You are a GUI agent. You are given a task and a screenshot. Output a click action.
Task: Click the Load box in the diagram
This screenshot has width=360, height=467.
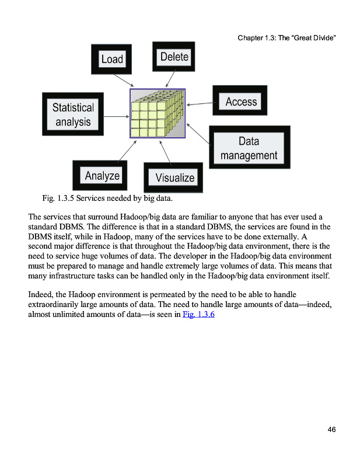point(112,59)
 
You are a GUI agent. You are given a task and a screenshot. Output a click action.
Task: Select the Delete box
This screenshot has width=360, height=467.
point(174,57)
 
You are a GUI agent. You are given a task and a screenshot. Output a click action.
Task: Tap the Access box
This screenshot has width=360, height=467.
point(240,102)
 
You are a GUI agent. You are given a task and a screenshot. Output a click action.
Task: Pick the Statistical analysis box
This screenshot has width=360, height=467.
point(73,114)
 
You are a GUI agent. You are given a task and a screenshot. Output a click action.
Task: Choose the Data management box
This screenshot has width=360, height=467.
point(249,148)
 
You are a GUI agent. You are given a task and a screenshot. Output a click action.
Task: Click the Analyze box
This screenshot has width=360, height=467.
point(102,176)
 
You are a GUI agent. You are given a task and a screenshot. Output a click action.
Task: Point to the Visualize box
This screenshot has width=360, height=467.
point(174,177)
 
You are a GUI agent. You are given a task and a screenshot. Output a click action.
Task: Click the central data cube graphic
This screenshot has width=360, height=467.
point(158,113)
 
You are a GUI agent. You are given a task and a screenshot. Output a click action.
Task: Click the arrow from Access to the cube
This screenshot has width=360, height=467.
point(200,104)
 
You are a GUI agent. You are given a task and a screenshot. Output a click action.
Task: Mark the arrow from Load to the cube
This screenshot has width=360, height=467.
point(124,81)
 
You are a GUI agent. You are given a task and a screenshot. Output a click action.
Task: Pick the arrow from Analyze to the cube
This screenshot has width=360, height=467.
point(128,150)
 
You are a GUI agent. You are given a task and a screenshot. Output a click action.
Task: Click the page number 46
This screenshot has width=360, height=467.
point(331,430)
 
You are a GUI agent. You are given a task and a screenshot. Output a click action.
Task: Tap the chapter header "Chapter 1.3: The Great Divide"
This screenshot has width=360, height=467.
point(288,38)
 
